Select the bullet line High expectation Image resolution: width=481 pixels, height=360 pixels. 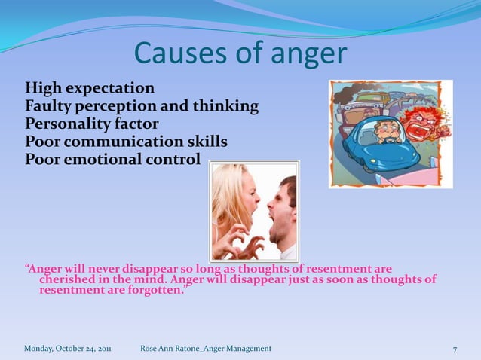(90, 88)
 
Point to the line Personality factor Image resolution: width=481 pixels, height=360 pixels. (92, 124)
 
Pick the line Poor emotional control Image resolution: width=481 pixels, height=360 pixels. (113, 160)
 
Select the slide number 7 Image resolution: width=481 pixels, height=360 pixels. (455, 349)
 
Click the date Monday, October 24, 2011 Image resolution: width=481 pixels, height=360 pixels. (67, 349)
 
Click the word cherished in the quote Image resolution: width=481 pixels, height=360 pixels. (68, 279)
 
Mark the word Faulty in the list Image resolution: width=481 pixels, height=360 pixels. (46, 106)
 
